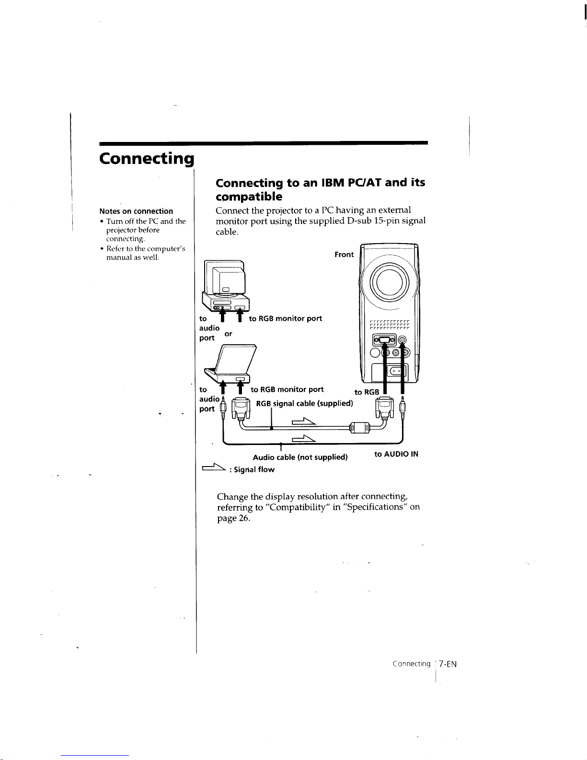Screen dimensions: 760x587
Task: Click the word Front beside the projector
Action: point(344,255)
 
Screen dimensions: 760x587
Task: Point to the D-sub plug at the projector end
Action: point(385,409)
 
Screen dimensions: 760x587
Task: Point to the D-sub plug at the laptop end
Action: point(240,409)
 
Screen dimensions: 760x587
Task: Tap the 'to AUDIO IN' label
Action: point(396,454)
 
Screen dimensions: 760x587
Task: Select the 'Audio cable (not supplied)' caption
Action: point(300,457)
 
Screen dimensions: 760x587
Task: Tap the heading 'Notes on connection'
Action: point(136,211)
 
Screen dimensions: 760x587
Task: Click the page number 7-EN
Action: point(448,664)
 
